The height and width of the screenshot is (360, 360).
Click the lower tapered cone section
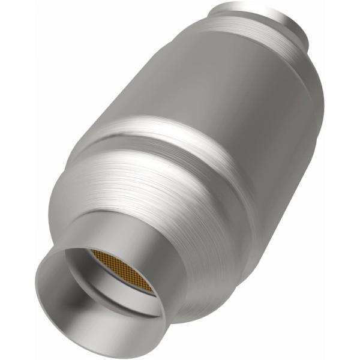(156, 198)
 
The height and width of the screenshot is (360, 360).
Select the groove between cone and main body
(180, 141)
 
